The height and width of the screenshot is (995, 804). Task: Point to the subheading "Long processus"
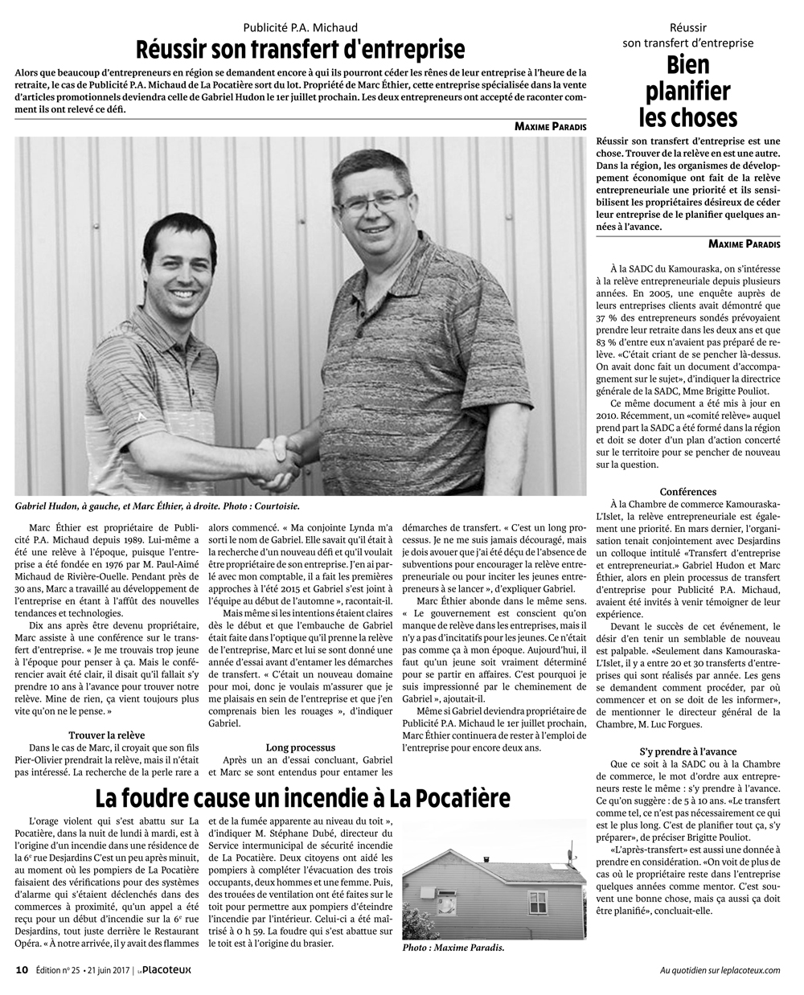[300, 747]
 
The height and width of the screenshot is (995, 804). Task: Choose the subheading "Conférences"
[687, 491]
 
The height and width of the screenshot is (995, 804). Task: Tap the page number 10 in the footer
[23, 969]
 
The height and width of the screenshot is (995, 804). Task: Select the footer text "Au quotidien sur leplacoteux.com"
[719, 969]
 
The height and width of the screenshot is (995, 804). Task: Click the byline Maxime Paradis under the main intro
[550, 126]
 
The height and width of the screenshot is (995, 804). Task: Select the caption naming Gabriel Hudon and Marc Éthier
[158, 506]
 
